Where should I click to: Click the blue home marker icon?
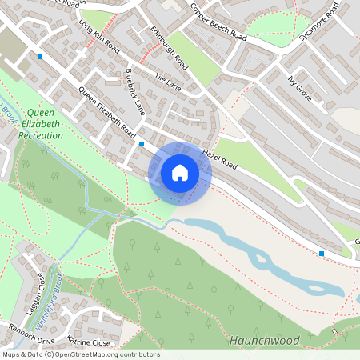click(180, 173)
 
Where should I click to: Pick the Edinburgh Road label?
click(169, 47)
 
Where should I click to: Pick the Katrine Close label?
click(88, 340)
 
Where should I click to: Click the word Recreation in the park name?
click(40, 136)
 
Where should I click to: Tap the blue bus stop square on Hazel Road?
click(142, 144)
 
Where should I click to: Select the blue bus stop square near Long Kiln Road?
click(40, 56)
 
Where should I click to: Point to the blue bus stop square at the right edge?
click(322, 254)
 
